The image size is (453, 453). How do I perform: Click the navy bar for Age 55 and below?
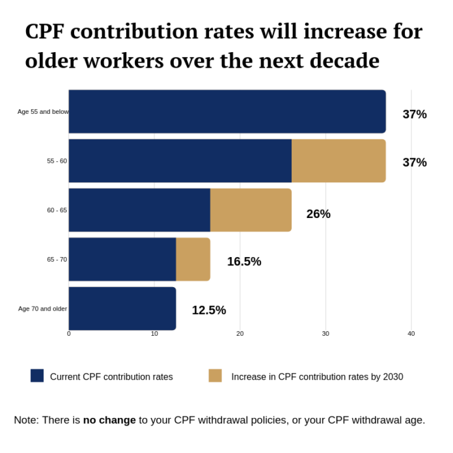click(x=227, y=111)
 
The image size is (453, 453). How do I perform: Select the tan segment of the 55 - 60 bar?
click(x=338, y=161)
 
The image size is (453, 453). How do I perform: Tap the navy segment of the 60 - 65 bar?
click(x=139, y=210)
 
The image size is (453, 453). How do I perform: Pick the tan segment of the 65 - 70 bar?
click(x=193, y=259)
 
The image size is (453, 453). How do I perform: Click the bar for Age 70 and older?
click(x=122, y=309)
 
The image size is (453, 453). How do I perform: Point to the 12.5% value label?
click(x=209, y=310)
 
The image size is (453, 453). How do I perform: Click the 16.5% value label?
click(x=244, y=262)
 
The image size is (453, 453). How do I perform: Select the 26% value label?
click(x=318, y=214)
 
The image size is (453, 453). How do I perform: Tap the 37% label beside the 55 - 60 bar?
click(x=415, y=163)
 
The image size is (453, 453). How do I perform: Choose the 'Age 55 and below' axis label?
click(x=43, y=112)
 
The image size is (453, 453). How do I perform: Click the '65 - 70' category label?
click(x=57, y=260)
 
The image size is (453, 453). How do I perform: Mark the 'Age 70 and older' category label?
click(x=42, y=309)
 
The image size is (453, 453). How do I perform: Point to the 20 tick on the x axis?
click(x=240, y=334)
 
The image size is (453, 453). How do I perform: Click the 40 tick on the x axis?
click(x=411, y=334)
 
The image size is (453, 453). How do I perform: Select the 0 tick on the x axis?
click(x=69, y=334)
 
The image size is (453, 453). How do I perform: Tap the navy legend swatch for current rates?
click(x=37, y=376)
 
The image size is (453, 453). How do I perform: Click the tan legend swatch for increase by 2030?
click(x=215, y=376)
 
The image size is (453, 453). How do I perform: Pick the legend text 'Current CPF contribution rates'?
click(x=111, y=377)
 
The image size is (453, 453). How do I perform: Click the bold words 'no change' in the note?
click(x=109, y=420)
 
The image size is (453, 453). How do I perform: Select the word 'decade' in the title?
click(x=340, y=61)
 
